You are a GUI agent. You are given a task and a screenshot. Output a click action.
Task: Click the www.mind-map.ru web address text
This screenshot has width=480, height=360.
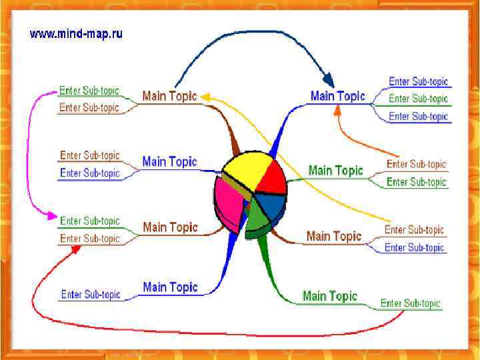[75, 33]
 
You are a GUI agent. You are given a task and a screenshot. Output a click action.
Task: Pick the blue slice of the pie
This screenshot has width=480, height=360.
[269, 203]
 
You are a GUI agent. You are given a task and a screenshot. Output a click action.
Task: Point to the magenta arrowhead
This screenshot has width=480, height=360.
[51, 215]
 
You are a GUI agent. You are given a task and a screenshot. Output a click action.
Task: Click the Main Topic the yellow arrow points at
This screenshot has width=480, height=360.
[169, 96]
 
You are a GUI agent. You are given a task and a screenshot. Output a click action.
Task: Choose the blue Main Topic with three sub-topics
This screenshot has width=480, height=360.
[337, 96]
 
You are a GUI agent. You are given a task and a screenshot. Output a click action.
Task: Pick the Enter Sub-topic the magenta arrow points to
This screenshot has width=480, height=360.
[89, 221]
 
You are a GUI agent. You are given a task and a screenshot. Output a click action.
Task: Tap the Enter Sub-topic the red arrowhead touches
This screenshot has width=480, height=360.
[89, 239]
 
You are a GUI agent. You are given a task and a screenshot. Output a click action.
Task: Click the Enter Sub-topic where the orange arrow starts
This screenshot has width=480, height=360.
[416, 164]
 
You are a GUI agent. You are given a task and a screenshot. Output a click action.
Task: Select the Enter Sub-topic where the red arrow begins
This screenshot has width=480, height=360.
[411, 303]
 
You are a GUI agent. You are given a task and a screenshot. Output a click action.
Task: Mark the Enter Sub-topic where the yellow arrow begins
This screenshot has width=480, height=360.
[414, 230]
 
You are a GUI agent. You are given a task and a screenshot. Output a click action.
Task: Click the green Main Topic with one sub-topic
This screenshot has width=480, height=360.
[329, 296]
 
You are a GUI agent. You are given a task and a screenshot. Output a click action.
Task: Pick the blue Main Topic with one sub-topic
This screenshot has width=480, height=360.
[170, 287]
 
